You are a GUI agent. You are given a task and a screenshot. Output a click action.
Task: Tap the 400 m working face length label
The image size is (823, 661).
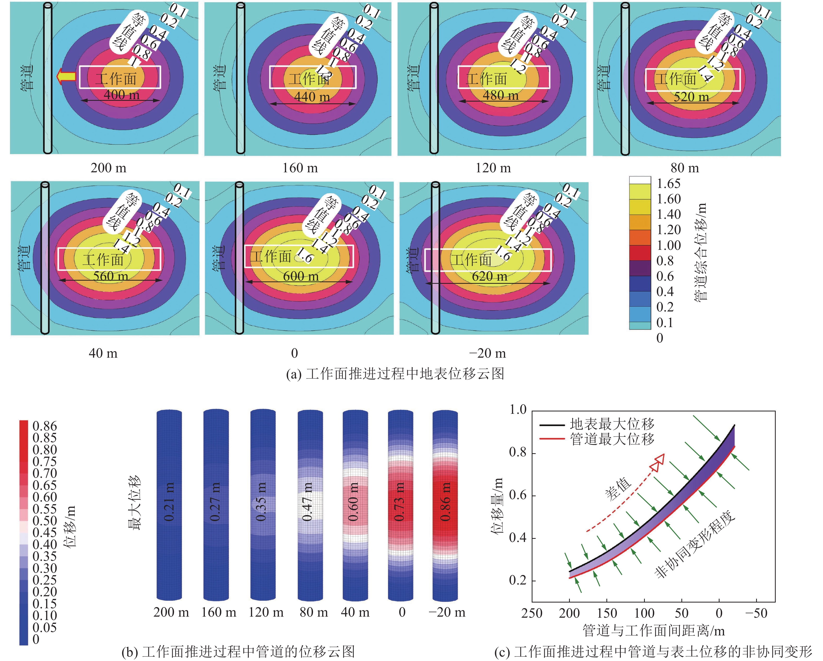tap(121, 95)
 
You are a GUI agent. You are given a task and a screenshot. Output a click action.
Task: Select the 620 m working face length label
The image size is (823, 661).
tap(490, 276)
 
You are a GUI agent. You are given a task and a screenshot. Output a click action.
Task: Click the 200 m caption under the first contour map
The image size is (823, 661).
tap(108, 168)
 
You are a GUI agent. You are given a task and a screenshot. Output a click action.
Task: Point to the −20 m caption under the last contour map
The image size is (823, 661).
tap(488, 353)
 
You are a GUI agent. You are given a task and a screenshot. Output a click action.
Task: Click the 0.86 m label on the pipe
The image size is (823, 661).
tap(445, 501)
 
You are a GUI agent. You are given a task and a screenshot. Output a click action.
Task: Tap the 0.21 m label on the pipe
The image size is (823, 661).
tap(169, 501)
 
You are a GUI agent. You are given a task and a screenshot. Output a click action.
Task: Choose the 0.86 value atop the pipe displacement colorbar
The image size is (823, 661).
tap(45, 426)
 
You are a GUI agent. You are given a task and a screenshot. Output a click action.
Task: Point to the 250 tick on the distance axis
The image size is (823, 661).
tap(532, 613)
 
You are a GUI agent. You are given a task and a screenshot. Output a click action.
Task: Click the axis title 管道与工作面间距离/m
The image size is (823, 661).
tap(653, 630)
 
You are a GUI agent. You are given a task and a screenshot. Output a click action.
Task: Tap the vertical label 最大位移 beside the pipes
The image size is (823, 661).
tap(134, 502)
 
